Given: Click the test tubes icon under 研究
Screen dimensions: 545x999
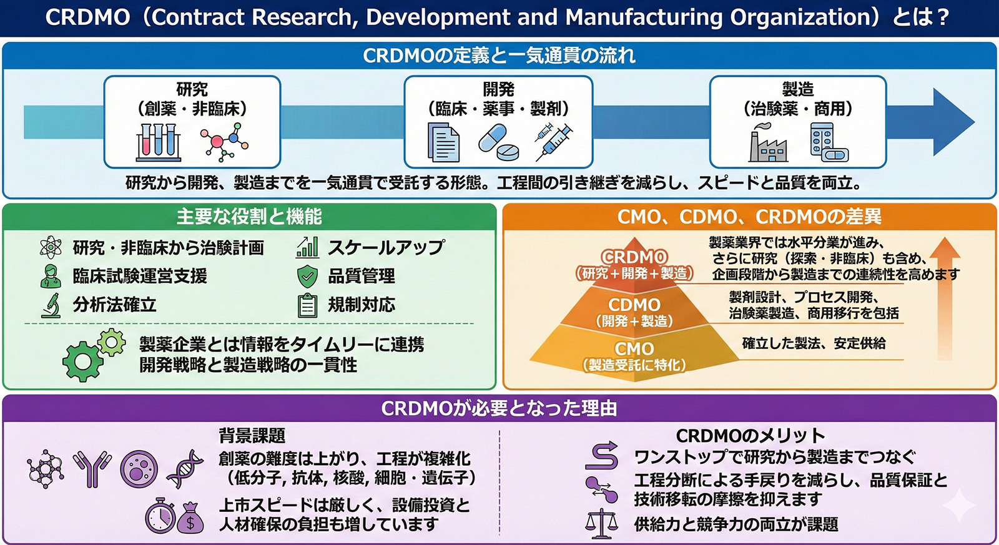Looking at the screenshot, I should (159, 142).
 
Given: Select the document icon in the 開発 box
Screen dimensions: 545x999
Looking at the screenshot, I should (443, 142).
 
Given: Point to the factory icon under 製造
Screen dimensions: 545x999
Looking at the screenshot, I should (768, 144).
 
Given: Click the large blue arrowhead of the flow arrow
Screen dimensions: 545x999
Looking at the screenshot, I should (953, 122).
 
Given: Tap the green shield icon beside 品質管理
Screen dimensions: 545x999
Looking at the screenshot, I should (307, 276).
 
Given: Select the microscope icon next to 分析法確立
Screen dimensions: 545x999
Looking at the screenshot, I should (52, 305).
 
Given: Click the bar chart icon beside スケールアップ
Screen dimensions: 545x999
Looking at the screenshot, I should (307, 247).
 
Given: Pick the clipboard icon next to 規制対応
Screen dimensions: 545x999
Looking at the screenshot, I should (307, 305).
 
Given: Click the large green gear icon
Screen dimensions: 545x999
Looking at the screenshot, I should (82, 360).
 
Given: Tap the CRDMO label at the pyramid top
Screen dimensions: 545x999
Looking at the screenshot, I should (634, 257).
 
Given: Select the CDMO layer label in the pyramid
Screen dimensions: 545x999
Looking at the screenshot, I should (634, 305).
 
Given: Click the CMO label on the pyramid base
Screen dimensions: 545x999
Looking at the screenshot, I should (634, 348).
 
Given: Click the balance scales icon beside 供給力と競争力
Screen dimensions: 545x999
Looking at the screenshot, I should (601, 523).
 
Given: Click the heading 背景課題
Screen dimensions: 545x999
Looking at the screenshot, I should (252, 435).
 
